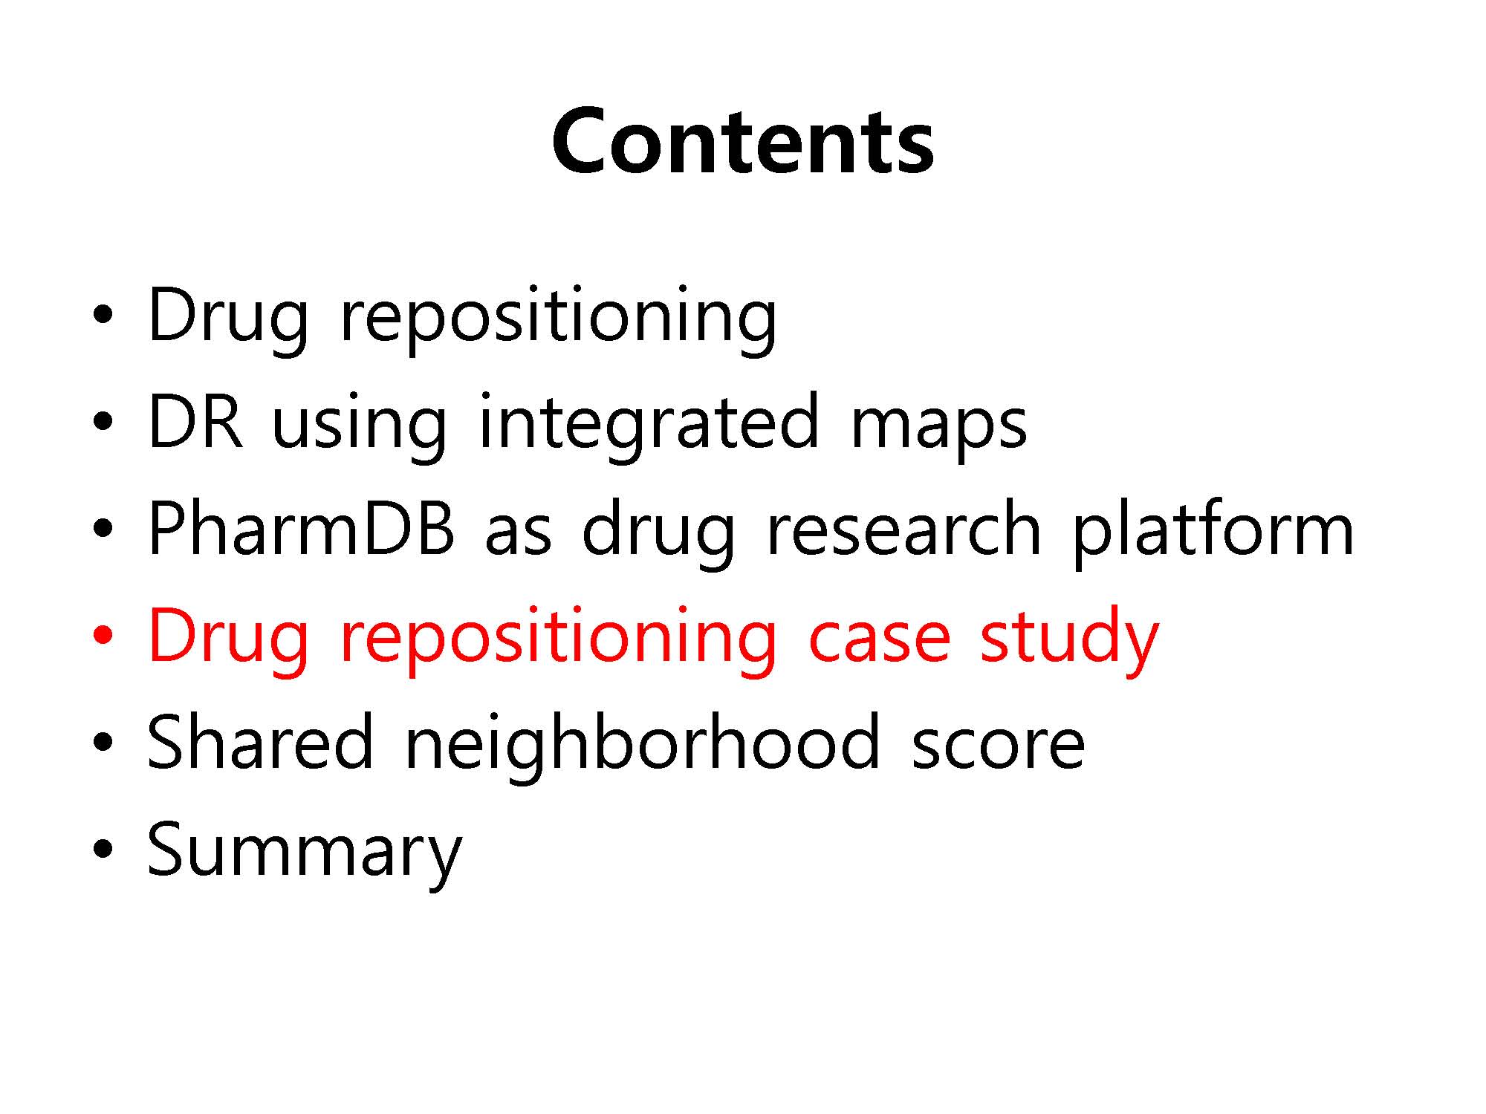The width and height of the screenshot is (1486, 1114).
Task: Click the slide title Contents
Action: pyautogui.click(x=742, y=141)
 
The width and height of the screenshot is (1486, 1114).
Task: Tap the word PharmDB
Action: pyautogui.click(x=302, y=528)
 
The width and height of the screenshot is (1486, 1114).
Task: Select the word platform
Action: pyautogui.click(x=1213, y=532)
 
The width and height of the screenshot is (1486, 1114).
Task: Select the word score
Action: pyautogui.click(x=998, y=749)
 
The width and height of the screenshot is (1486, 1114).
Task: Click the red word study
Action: pyautogui.click(x=1069, y=638)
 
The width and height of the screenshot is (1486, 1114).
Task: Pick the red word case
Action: pyautogui.click(x=879, y=642)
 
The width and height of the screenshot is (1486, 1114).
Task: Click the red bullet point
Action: pyautogui.click(x=103, y=636)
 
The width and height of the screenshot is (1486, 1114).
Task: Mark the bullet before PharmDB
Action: pyautogui.click(x=103, y=529)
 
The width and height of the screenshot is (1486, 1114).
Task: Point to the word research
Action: pyautogui.click(x=903, y=528)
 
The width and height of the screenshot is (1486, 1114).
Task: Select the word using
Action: pyautogui.click(x=360, y=426)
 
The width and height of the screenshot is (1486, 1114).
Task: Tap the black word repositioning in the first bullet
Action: pyautogui.click(x=558, y=319)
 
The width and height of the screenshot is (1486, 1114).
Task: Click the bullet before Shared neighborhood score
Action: pyautogui.click(x=103, y=743)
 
